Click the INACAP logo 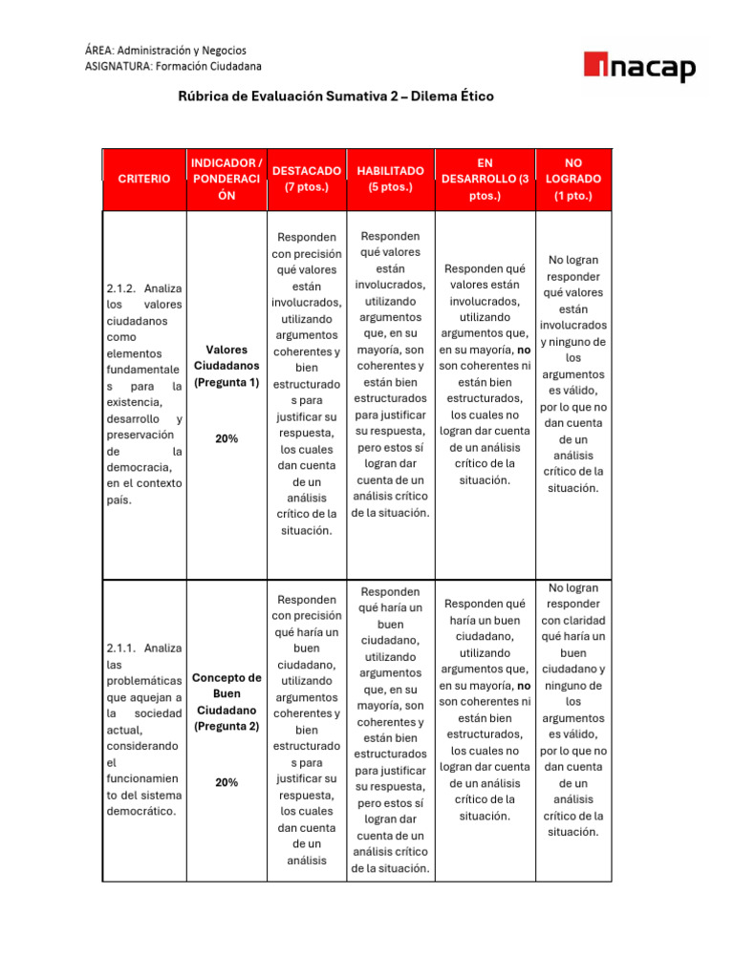click(x=639, y=67)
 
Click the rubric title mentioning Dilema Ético click(x=336, y=96)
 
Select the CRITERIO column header click(x=144, y=179)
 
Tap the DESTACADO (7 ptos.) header click(x=306, y=179)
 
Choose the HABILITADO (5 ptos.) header click(x=390, y=179)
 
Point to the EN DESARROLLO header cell click(x=485, y=179)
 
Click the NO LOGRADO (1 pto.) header click(x=573, y=179)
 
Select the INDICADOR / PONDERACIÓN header click(x=227, y=179)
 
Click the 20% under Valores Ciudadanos click(x=227, y=438)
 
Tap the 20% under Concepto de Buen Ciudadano click(x=227, y=782)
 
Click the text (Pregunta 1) click(x=227, y=383)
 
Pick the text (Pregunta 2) click(x=227, y=727)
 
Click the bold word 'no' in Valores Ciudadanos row click(x=523, y=350)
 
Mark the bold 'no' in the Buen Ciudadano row click(x=523, y=686)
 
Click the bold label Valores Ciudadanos click(x=227, y=358)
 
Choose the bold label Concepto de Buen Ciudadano click(x=227, y=694)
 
